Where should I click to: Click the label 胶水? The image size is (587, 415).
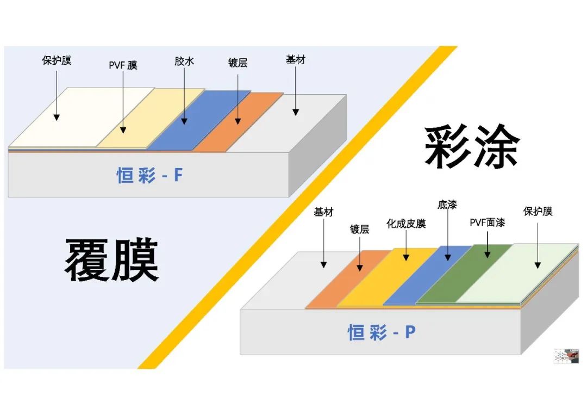tap(184, 61)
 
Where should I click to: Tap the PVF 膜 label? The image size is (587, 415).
tap(123, 65)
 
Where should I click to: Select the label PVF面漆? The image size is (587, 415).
tap(487, 222)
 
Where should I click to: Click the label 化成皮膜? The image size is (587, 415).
tap(406, 224)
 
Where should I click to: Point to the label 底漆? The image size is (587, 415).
tap(447, 205)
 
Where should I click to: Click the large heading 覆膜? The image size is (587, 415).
tap(112, 259)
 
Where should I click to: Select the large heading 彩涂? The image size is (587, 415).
tap(472, 146)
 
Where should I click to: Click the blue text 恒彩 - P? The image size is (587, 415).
tap(382, 332)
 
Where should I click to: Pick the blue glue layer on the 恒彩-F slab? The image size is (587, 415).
tap(198, 120)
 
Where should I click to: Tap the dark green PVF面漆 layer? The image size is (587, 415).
tap(464, 274)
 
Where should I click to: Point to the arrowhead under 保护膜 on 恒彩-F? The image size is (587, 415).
tap(57, 117)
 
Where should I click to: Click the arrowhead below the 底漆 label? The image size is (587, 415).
tap(448, 258)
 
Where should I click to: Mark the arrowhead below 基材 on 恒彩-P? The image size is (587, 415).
tap(324, 264)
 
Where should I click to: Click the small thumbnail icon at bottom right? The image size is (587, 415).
tap(566, 356)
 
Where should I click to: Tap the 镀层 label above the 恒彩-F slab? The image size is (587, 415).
tap(238, 63)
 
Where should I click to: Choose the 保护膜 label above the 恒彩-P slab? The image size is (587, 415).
tap(538, 211)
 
